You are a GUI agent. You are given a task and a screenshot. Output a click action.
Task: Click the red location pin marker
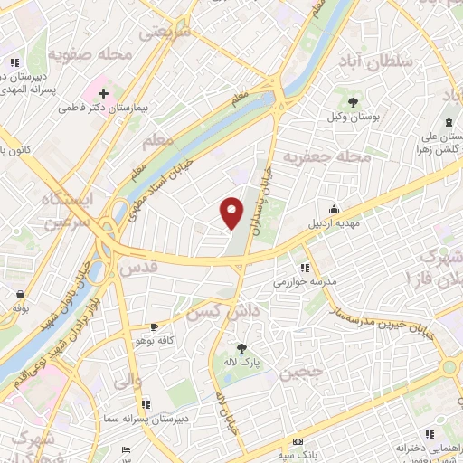click(232, 212)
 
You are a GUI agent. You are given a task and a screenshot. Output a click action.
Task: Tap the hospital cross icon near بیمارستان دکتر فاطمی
click(103, 92)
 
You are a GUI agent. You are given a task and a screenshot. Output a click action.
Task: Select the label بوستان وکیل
click(351, 118)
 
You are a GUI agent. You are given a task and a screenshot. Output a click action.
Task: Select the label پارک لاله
click(242, 362)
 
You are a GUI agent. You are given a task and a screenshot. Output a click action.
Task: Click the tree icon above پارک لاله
click(241, 346)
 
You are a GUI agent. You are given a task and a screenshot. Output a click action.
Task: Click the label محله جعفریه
click(327, 157)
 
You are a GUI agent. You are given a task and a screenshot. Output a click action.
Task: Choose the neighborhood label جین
click(300, 373)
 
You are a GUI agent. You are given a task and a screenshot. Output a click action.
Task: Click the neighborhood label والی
click(127, 382)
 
